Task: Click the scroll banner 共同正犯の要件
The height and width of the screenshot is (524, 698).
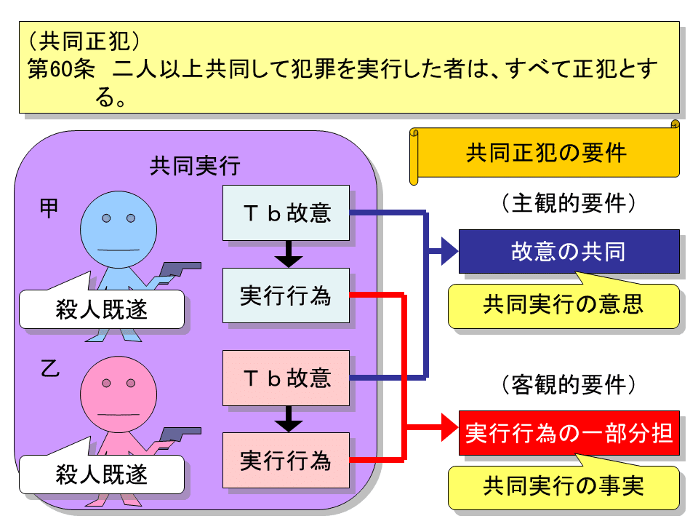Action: tap(545, 154)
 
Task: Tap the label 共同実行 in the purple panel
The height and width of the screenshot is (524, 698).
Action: tap(194, 167)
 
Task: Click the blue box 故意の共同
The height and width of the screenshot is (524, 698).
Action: tap(569, 251)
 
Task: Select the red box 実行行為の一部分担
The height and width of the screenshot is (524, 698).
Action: tap(569, 433)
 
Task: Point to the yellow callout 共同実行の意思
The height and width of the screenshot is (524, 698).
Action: tap(563, 305)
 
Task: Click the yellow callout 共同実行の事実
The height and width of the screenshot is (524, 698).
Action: tap(563, 487)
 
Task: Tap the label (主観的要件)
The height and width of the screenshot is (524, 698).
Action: tap(569, 203)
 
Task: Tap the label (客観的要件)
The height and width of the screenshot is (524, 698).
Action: tap(569, 384)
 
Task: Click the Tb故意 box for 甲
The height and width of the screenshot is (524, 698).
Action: tap(286, 213)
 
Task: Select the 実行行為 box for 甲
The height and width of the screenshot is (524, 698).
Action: tap(286, 295)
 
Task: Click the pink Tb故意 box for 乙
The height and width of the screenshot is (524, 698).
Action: tap(286, 378)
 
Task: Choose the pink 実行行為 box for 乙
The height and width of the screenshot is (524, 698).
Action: tap(286, 460)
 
